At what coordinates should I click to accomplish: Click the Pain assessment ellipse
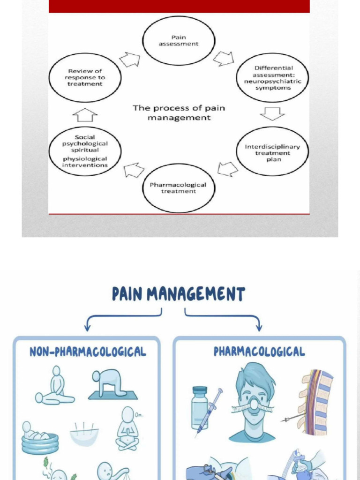179,41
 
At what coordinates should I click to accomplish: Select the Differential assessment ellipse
272,78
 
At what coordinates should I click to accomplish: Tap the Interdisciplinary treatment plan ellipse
272,153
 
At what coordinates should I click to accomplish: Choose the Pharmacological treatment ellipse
178,188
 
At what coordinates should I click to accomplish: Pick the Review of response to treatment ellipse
85,77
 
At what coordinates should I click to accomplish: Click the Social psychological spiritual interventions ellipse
85,151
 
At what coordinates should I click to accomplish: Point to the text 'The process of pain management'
179,113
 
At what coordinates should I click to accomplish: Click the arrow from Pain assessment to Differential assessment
223,58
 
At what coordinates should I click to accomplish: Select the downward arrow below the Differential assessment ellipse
272,113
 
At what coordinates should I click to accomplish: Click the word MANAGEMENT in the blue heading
196,294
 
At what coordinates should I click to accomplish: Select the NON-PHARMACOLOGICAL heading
88,352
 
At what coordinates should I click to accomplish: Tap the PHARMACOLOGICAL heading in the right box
259,352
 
